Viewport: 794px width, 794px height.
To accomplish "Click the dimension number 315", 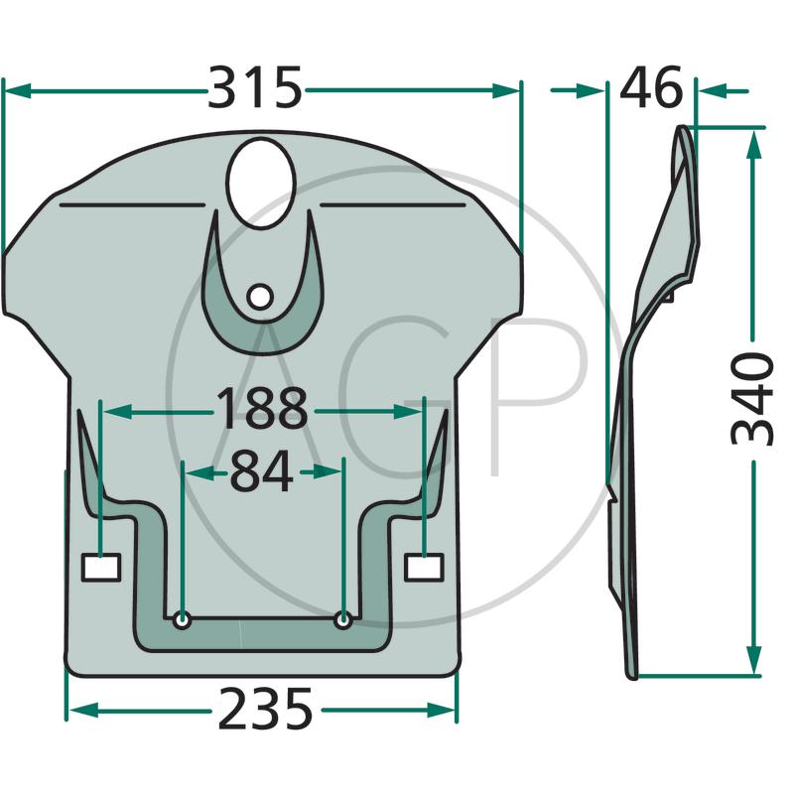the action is [x=255, y=87].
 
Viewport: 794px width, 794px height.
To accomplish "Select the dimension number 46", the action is [x=651, y=87].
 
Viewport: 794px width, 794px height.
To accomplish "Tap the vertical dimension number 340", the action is [x=753, y=400].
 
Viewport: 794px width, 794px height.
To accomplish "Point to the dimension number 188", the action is [x=262, y=409].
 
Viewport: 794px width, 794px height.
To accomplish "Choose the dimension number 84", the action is [x=261, y=471].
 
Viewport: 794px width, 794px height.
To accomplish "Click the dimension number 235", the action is [x=265, y=709].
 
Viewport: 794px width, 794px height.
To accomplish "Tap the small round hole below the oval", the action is [x=260, y=297].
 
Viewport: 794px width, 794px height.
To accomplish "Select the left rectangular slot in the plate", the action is [x=101, y=568].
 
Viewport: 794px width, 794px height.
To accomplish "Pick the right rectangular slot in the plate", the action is [x=425, y=567].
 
